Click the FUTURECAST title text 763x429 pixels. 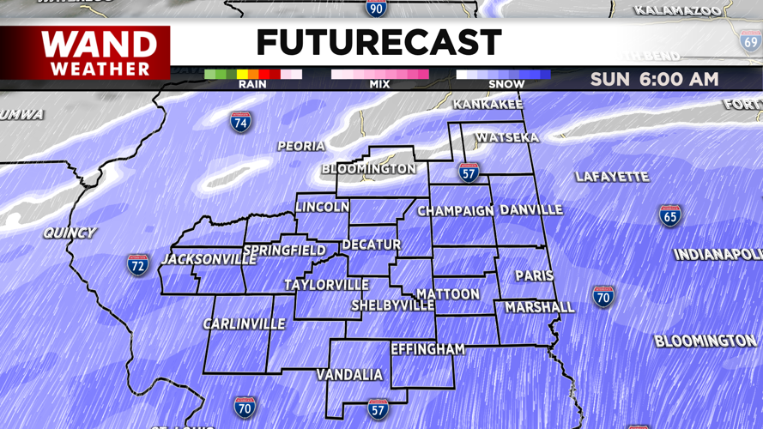click(x=378, y=42)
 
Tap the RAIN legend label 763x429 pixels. click(x=251, y=84)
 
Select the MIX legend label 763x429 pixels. click(x=379, y=84)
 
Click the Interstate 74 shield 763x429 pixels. click(x=241, y=122)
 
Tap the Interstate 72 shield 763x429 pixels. click(x=138, y=264)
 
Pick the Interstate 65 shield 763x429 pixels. click(x=670, y=215)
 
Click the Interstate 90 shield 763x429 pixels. click(x=376, y=8)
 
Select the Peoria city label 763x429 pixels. click(x=301, y=147)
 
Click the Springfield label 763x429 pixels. click(x=284, y=251)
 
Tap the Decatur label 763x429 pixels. click(x=371, y=245)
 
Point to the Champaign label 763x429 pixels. click(x=456, y=210)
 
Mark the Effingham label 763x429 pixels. click(x=427, y=349)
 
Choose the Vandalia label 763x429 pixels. click(x=349, y=375)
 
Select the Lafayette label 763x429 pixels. click(x=612, y=177)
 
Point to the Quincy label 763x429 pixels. click(x=70, y=233)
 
